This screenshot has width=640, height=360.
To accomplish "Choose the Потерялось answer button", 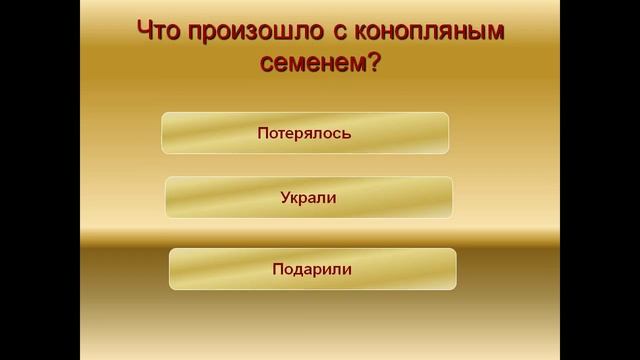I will click(x=305, y=133).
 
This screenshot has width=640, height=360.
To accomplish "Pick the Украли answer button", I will click(x=308, y=198).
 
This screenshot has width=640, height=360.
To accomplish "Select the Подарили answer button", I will click(x=312, y=269).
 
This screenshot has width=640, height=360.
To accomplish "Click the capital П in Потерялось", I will click(x=262, y=133).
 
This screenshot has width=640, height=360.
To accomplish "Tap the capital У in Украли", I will click(x=286, y=198).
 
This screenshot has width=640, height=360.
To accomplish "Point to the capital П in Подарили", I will click(x=277, y=269).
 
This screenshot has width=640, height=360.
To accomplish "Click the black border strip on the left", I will click(x=39, y=180).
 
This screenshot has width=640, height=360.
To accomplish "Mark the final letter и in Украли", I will click(x=331, y=198).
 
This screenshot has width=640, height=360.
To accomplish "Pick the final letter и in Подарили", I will click(x=347, y=269).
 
